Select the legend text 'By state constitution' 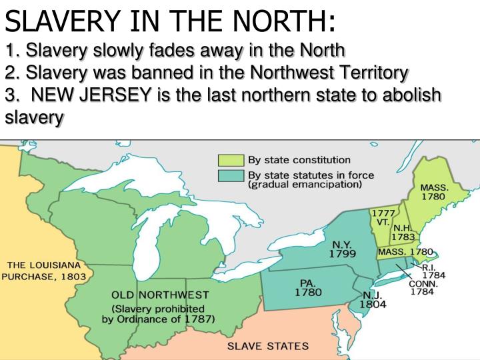click(299, 160)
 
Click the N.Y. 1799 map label click(341, 249)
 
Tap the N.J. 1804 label click(371, 299)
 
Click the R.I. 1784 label click(433, 270)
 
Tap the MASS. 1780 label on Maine click(434, 192)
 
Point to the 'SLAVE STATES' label click(268, 346)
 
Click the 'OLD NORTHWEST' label click(160, 295)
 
